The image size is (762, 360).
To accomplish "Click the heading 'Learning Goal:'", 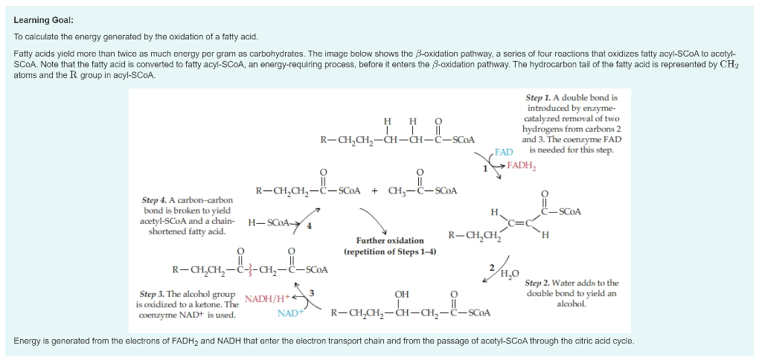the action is (44, 21).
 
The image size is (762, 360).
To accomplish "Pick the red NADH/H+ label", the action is (267, 299).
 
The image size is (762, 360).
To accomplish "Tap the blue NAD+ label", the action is (289, 314).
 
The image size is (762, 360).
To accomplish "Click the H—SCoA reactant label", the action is (268, 222).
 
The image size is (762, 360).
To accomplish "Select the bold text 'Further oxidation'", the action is (389, 240).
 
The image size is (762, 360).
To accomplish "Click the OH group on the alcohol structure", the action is (402, 295).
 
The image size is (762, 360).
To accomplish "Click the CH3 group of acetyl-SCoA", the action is (398, 190).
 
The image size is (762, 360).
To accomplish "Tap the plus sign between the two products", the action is (374, 190).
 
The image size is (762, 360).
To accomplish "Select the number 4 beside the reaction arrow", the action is (310, 225).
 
